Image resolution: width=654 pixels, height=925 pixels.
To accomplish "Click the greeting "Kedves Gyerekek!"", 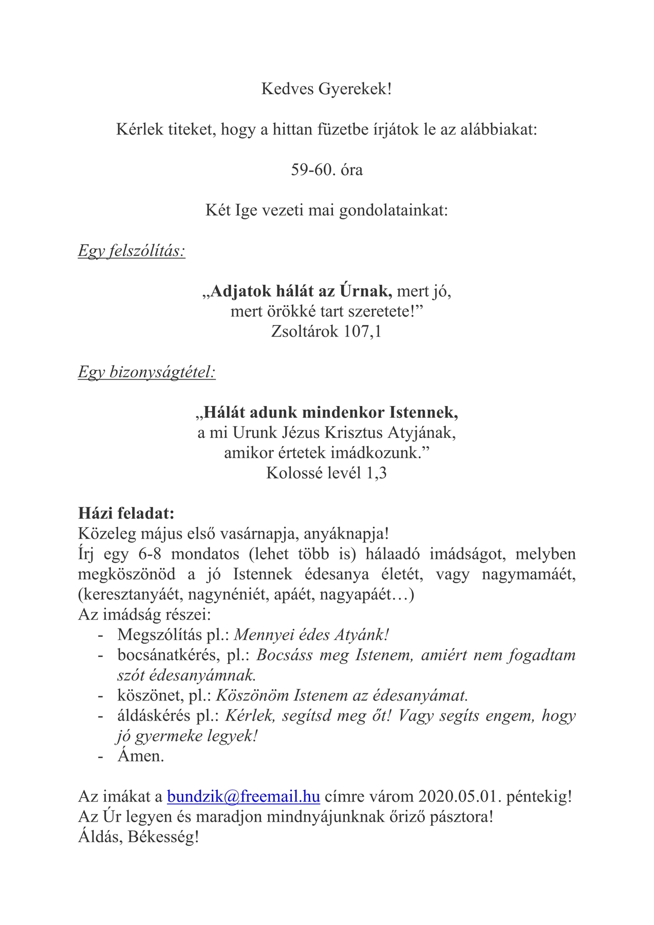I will click(x=327, y=89).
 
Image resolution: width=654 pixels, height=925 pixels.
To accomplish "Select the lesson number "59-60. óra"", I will click(x=327, y=170).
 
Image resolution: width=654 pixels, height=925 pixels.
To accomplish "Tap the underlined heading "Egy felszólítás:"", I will click(x=132, y=251).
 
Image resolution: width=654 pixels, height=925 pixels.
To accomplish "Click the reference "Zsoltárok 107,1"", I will click(x=327, y=331).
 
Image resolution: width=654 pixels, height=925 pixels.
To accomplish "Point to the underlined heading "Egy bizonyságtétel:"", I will click(x=147, y=372).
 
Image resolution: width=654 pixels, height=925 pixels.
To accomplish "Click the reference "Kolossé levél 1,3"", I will click(x=327, y=473).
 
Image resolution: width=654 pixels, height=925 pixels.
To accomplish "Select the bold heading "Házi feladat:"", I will click(x=126, y=513).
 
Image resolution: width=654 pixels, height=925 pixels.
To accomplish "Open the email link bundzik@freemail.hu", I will click(x=244, y=797).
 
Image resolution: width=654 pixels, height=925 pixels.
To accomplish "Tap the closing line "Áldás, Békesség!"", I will click(x=138, y=837).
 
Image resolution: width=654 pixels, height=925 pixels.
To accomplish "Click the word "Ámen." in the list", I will click(x=141, y=756).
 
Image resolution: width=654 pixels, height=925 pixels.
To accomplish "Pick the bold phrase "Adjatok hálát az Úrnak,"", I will click(x=301, y=291).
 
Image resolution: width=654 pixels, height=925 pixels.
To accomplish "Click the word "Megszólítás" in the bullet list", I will click(x=160, y=635).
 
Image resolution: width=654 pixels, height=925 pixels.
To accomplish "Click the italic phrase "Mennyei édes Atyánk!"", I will click(x=311, y=635).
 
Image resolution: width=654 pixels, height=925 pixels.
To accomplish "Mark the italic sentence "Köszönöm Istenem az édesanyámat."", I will click(x=342, y=695).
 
